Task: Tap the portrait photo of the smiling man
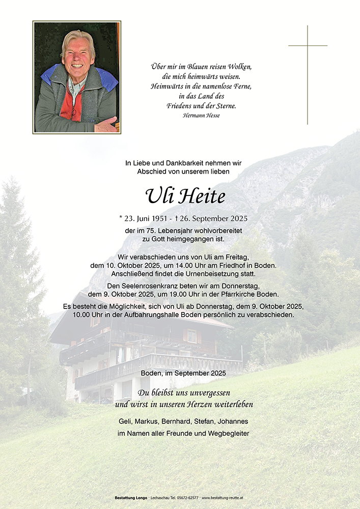[x=77, y=77]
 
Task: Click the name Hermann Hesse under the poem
[x=201, y=116]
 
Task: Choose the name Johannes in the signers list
[x=233, y=421]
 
